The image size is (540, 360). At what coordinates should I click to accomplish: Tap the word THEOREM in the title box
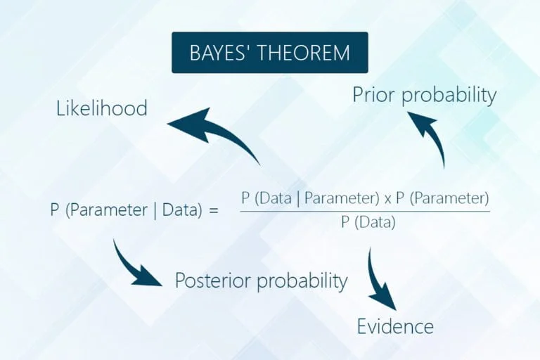pyautogui.click(x=304, y=53)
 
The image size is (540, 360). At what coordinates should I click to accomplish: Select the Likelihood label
pyautogui.click(x=101, y=108)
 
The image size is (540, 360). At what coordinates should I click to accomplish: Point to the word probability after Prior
pyautogui.click(x=449, y=96)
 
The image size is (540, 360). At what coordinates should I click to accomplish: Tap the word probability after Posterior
pyautogui.click(x=302, y=281)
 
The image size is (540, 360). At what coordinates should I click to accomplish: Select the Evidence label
pyautogui.click(x=395, y=326)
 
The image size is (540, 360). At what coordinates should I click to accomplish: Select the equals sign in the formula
pyautogui.click(x=214, y=210)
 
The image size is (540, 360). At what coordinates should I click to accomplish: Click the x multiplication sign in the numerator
pyautogui.click(x=387, y=199)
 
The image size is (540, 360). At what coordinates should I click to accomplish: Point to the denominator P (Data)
pyautogui.click(x=368, y=222)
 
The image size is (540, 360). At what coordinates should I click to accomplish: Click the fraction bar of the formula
pyautogui.click(x=365, y=211)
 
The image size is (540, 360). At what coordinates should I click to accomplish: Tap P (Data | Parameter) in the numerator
pyautogui.click(x=310, y=198)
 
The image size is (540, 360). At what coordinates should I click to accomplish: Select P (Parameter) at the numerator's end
pyautogui.click(x=442, y=198)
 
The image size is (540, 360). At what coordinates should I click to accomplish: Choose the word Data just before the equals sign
pyautogui.click(x=179, y=210)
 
